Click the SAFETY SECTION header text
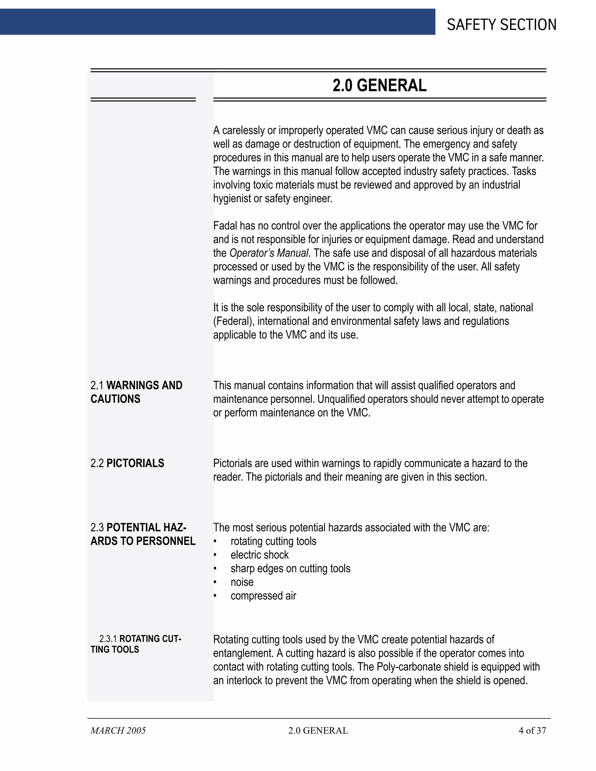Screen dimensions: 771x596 pos(501,25)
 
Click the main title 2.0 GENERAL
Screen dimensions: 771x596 pos(379,86)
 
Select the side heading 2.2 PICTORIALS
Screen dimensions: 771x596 pos(127,463)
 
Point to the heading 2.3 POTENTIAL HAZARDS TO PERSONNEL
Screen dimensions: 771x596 pos(143,534)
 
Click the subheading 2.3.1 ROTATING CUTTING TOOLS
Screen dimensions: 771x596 pos(136,644)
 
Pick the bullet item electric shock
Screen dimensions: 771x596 pos(260,555)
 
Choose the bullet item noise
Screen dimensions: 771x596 pos(242,582)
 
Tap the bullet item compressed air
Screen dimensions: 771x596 pos(263,596)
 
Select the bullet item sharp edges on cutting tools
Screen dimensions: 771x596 pos(290,569)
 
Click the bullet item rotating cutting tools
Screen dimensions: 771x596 pos(273,541)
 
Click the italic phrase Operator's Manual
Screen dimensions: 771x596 pos(269,253)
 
